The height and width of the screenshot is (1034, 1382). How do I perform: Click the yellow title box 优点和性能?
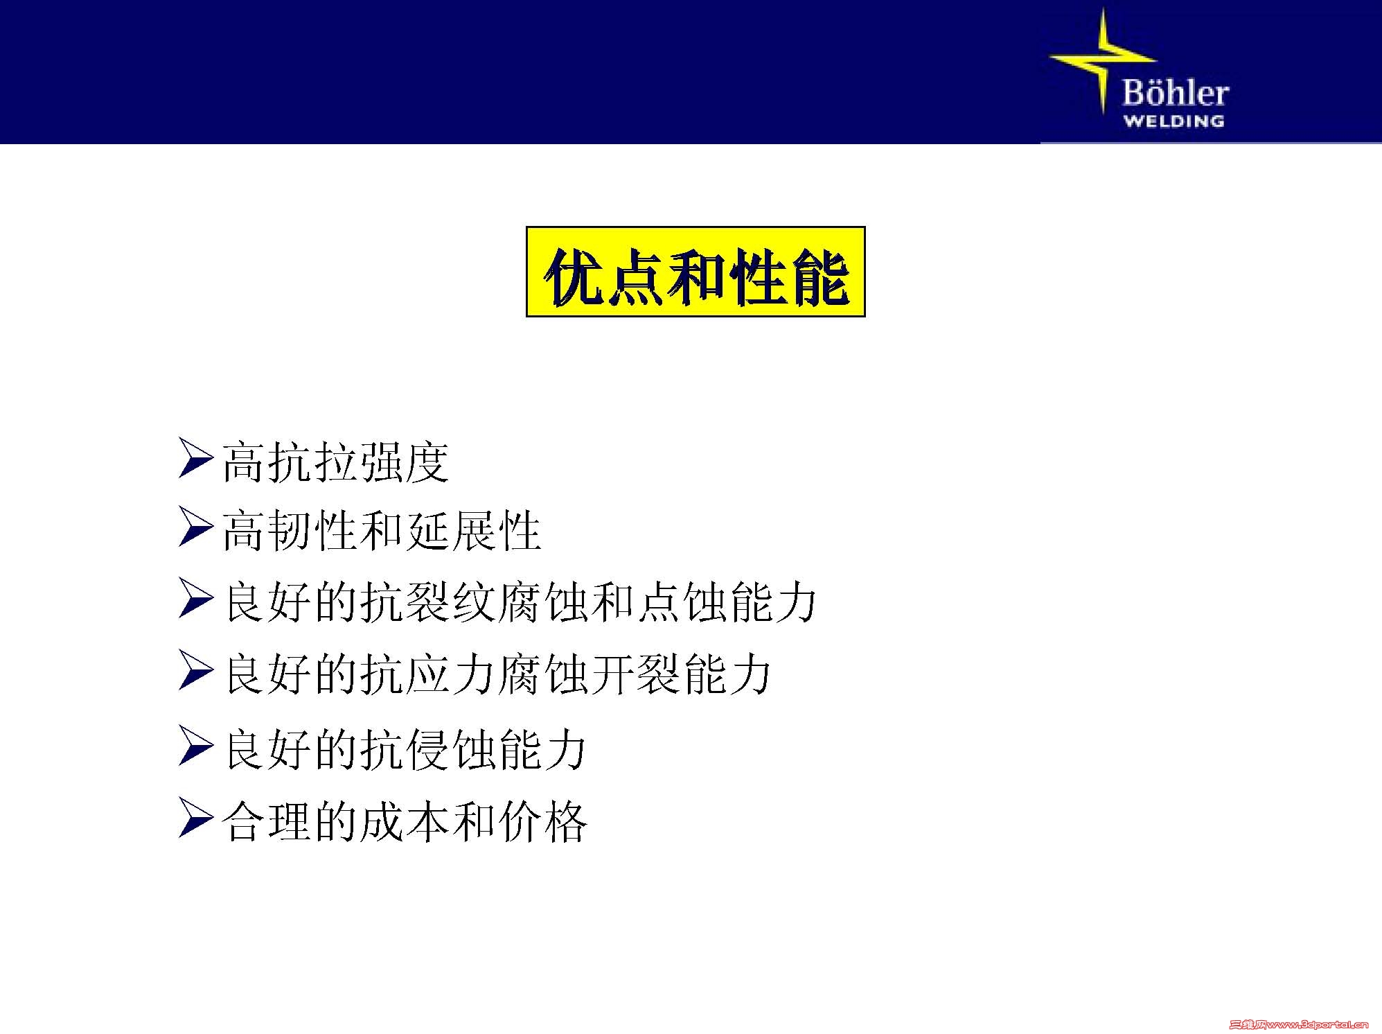[696, 272]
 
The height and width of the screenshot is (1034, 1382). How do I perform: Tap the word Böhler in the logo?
[1175, 93]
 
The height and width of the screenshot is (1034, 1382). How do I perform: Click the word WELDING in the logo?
[1173, 121]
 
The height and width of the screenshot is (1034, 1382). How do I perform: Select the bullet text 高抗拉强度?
[335, 462]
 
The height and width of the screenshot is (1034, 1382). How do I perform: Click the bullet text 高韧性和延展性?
[381, 530]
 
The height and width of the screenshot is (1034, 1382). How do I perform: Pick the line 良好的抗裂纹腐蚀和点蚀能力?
[520, 601]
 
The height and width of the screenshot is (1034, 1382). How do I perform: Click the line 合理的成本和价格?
[405, 821]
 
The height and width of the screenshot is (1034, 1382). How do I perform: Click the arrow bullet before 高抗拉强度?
[195, 457]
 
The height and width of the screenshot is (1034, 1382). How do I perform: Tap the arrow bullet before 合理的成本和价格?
[195, 818]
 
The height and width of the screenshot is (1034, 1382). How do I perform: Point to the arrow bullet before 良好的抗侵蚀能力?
[195, 745]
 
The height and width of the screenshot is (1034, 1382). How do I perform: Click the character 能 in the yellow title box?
[821, 276]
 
